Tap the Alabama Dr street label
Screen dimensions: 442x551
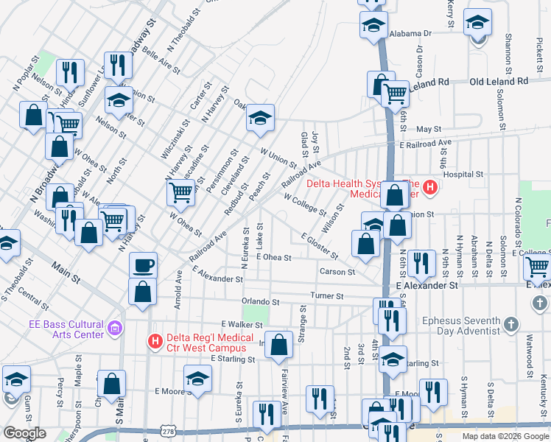(410, 33)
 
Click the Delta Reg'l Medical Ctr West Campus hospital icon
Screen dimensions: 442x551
(155, 342)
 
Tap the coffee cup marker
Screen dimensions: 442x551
(143, 264)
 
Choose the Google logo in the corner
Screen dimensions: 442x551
(24, 433)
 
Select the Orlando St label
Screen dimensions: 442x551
(261, 302)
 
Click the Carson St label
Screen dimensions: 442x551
(337, 272)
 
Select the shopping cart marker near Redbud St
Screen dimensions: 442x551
(180, 193)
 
